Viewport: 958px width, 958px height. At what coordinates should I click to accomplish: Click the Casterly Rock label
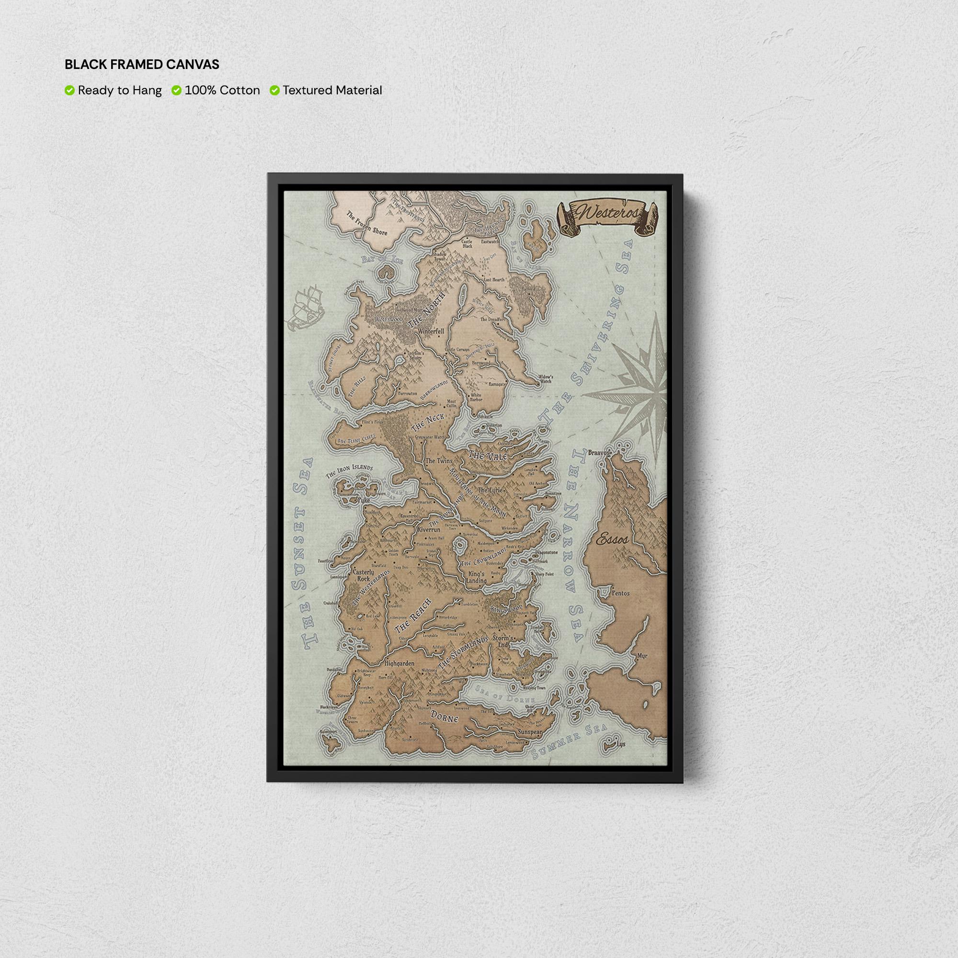pyautogui.click(x=363, y=575)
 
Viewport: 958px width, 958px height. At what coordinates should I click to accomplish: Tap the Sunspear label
pyautogui.click(x=530, y=731)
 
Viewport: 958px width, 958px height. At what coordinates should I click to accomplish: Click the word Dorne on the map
pyautogui.click(x=445, y=717)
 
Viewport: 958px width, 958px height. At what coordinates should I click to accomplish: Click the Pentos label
pyautogui.click(x=620, y=593)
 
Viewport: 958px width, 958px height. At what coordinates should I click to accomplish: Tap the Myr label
pyautogui.click(x=642, y=656)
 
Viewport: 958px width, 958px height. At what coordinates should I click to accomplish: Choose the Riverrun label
pyautogui.click(x=428, y=530)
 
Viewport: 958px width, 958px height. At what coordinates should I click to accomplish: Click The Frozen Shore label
pyautogui.click(x=367, y=224)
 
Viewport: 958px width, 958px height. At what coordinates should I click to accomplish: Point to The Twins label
pyautogui.click(x=439, y=461)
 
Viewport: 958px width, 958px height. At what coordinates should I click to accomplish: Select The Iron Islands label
pyautogui.click(x=349, y=470)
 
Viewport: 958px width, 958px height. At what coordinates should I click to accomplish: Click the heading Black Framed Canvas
pyautogui.click(x=142, y=65)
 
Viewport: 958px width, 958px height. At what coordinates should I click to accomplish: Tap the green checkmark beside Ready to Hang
pyautogui.click(x=69, y=90)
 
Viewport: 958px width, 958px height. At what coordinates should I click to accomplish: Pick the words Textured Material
pyautogui.click(x=332, y=90)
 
